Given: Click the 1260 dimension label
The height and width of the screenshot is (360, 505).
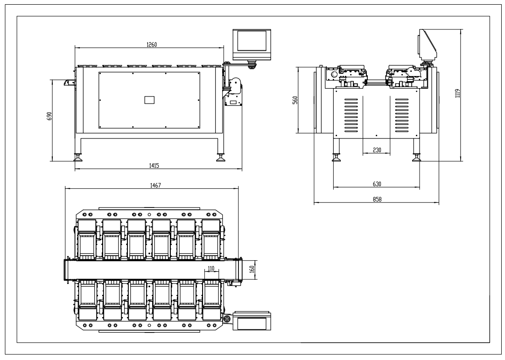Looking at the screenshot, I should [x=152, y=45].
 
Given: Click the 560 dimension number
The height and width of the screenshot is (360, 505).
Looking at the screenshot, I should [x=295, y=100].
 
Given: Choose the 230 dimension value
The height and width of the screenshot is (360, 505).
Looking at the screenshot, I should [x=376, y=150].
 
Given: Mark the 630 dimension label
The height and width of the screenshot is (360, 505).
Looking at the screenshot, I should [x=376, y=184].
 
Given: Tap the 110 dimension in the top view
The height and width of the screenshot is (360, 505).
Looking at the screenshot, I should [x=210, y=269].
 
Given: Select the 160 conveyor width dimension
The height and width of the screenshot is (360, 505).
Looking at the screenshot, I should [x=252, y=270].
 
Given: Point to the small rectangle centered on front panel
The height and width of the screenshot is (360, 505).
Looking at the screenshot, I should [x=149, y=99].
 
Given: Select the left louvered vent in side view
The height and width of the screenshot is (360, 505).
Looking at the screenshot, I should [x=352, y=115].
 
